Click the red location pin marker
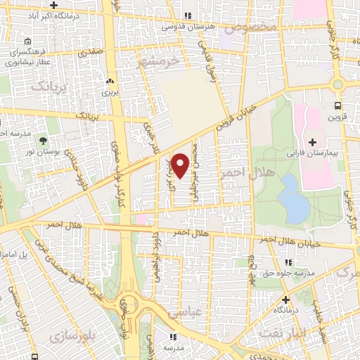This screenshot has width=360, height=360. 181,165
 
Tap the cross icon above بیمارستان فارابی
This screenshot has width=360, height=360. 313,141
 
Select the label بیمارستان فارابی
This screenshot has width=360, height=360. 313,152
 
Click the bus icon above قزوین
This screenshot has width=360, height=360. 337,107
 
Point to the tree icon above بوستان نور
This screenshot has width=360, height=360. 44,141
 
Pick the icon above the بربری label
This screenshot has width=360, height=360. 108,82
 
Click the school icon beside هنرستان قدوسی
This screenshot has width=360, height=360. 187,16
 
